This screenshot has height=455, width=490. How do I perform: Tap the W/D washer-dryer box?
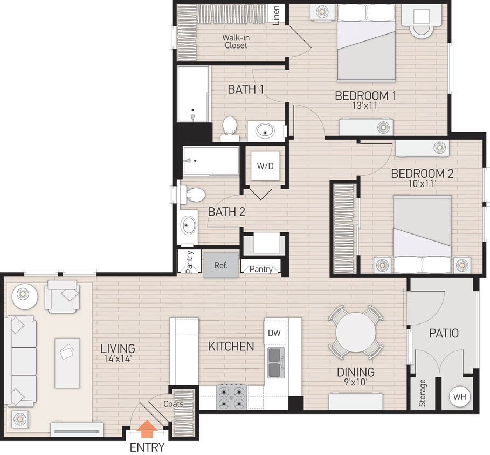click(x=265, y=166)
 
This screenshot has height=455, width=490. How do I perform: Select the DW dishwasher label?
click(x=274, y=333)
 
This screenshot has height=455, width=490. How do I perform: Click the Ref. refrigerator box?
click(x=220, y=265)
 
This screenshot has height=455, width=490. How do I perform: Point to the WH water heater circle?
click(x=459, y=397)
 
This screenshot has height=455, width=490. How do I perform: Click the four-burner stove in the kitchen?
click(x=231, y=397)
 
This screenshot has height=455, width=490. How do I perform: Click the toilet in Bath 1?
click(x=230, y=127)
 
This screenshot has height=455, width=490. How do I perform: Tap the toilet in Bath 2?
click(x=193, y=195)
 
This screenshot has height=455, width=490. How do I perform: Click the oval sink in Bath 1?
click(x=266, y=131)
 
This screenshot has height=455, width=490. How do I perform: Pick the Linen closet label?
click(x=277, y=16)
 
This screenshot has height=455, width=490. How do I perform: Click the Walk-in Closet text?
click(x=236, y=42)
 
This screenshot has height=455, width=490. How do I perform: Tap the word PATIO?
click(x=444, y=334)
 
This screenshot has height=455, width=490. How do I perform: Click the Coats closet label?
click(x=174, y=404)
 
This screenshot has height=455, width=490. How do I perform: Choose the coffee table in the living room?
click(x=67, y=362)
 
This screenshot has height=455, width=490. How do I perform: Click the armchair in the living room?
click(x=63, y=296)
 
